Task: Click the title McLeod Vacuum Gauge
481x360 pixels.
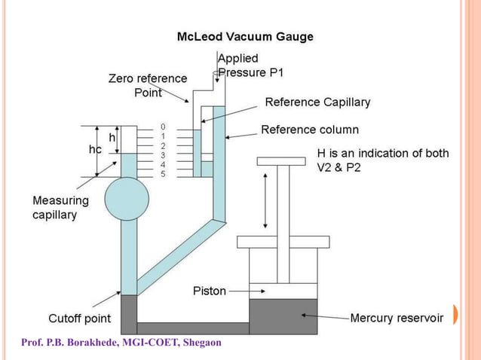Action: [245, 36]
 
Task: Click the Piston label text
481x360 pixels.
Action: [209, 291]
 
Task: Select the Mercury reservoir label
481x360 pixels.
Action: [397, 319]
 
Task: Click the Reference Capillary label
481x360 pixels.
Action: [317, 102]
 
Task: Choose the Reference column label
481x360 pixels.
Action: [310, 130]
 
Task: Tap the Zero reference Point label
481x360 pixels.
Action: [148, 85]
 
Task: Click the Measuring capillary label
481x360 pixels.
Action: [60, 207]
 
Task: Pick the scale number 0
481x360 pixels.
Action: [163, 127]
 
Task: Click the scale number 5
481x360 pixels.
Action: [163, 174]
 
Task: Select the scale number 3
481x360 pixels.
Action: [163, 154]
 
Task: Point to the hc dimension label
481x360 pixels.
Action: [95, 150]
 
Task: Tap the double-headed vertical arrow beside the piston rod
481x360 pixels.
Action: [265, 200]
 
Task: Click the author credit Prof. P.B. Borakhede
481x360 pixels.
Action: [121, 343]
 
